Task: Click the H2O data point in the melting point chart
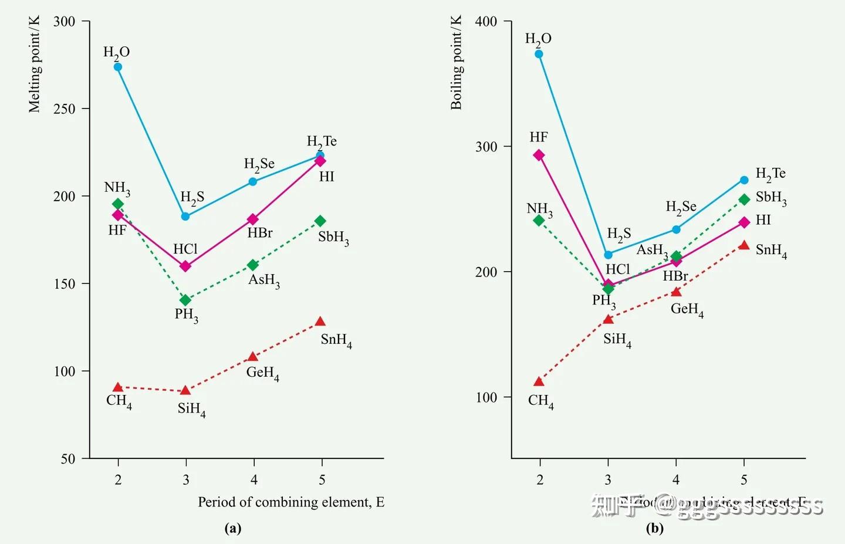[118, 67]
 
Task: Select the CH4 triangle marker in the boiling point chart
[539, 382]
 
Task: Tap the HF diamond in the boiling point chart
[539, 155]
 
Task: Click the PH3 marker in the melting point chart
[185, 300]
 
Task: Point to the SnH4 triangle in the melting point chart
[320, 322]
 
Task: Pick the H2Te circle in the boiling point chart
[744, 180]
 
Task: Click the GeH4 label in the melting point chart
[262, 373]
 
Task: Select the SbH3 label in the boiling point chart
[771, 198]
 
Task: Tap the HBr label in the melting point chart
[260, 233]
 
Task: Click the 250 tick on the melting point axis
[65, 109]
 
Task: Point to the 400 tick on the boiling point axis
[486, 22]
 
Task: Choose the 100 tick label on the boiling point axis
[486, 397]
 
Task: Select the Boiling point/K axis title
[456, 63]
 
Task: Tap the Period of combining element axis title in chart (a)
[291, 502]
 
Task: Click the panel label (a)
[233, 528]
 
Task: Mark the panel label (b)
[655, 528]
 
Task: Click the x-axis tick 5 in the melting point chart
[322, 480]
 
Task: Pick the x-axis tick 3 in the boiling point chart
[608, 480]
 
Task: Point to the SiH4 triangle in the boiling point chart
[609, 319]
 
